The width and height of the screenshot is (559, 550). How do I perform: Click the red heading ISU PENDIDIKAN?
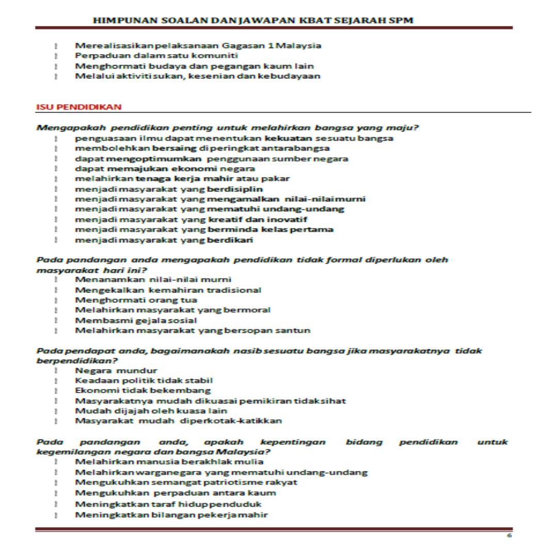(78, 107)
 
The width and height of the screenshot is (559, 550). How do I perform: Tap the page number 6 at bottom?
(509, 536)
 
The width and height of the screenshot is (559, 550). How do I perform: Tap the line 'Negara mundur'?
(116, 370)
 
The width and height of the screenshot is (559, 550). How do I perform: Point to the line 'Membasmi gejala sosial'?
(136, 320)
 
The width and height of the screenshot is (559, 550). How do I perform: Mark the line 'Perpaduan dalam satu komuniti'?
(156, 55)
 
